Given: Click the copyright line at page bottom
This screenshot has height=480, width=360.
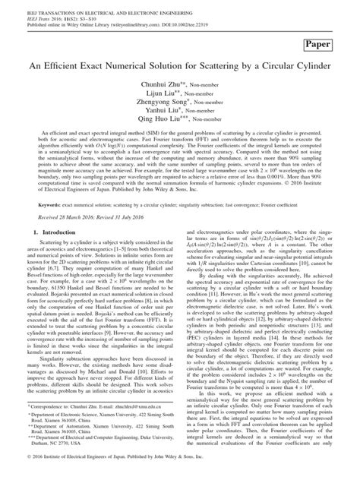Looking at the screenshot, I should pos(179,472).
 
